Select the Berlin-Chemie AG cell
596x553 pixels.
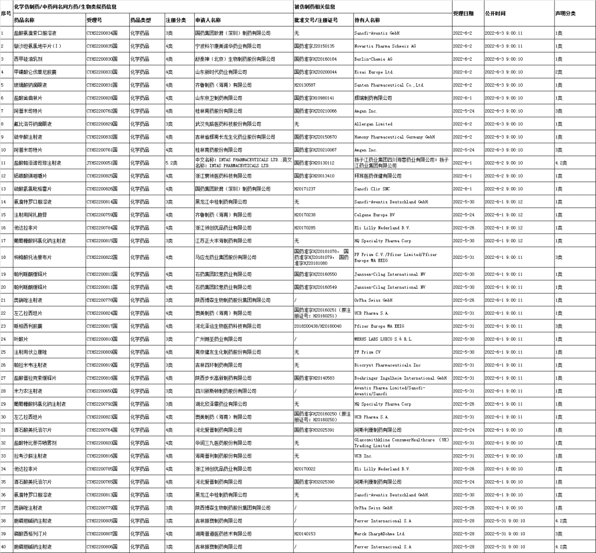tap(373, 59)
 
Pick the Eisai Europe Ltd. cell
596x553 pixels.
tap(374, 72)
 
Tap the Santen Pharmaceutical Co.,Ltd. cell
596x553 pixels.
tap(389, 85)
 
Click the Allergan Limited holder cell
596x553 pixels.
tap(373, 124)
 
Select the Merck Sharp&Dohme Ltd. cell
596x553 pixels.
tap(380, 534)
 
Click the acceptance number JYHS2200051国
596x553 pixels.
tap(102, 163)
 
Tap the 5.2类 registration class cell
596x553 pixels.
tap(171, 163)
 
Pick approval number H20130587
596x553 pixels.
tap(305, 85)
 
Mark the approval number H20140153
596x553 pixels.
tap(305, 534)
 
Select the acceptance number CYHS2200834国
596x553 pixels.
tap(102, 33)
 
